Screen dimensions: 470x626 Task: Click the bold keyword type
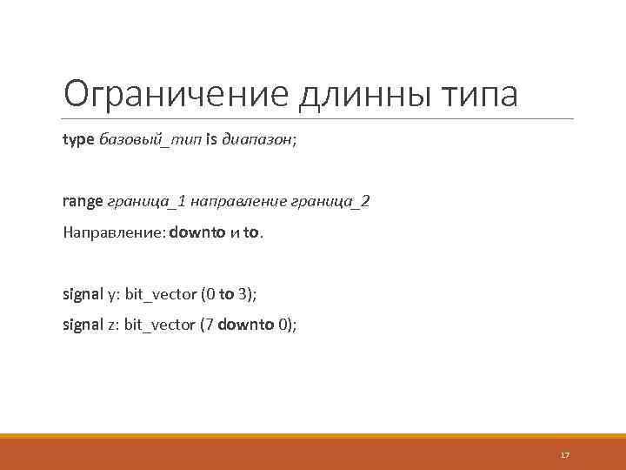coord(79,140)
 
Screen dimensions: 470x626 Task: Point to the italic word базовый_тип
coord(150,140)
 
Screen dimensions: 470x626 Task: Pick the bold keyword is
coord(211,140)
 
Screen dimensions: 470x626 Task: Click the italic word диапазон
coord(256,140)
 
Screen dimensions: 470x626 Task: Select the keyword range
coord(83,202)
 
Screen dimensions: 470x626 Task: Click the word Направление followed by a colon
coord(114,233)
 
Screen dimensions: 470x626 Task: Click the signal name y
coord(111,294)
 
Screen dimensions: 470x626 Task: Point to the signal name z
coord(111,326)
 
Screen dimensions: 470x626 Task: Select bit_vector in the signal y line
coord(161,294)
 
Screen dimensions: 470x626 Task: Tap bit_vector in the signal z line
coord(161,326)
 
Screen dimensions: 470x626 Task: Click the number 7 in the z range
coord(210,326)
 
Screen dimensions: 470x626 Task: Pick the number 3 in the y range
coord(243,294)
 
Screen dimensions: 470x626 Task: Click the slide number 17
coord(564,455)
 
